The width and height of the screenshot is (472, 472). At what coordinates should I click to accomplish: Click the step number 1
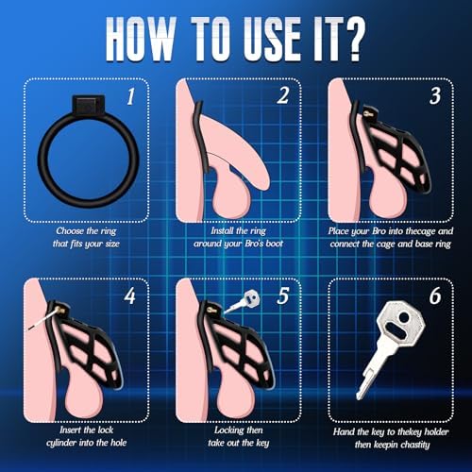point(131,96)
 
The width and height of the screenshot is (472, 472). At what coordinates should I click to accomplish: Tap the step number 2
point(282,95)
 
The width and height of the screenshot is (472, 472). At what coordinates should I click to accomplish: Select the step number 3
point(435,95)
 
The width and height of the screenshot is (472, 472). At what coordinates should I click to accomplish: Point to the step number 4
point(130,296)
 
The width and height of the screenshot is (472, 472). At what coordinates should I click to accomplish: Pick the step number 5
point(282,295)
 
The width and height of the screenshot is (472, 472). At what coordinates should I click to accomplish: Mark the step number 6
point(435,295)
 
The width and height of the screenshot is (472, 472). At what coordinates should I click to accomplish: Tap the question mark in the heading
point(351,39)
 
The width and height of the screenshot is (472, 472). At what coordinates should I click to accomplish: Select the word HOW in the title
point(141,39)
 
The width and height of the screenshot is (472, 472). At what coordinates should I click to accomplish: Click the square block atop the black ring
point(88,105)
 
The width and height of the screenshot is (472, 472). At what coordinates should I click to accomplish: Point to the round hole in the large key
point(404,317)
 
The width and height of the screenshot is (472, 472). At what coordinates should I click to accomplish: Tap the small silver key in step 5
point(244,302)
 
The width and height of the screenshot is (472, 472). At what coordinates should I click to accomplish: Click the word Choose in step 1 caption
point(70,231)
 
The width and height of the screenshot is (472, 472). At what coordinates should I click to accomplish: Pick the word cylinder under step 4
point(61,443)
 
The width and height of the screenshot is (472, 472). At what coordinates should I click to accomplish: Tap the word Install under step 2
point(222,231)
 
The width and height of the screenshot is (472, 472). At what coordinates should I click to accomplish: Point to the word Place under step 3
point(338,231)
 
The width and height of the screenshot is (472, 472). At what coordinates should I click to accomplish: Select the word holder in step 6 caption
point(436,431)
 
